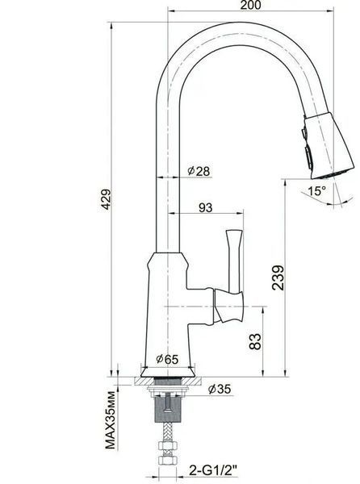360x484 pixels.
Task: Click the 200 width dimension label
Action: click(x=250, y=5)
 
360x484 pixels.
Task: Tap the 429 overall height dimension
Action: click(x=107, y=199)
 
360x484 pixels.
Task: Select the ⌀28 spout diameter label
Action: click(x=199, y=171)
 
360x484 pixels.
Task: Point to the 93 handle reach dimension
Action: click(x=205, y=207)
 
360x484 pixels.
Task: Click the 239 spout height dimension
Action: click(x=278, y=277)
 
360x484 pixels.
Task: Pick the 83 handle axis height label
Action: click(x=255, y=341)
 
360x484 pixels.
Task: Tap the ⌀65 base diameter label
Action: click(x=167, y=359)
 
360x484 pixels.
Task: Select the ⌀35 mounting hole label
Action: click(x=220, y=389)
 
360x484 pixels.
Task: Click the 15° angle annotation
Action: click(x=316, y=190)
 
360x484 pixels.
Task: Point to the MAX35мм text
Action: click(x=111, y=420)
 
